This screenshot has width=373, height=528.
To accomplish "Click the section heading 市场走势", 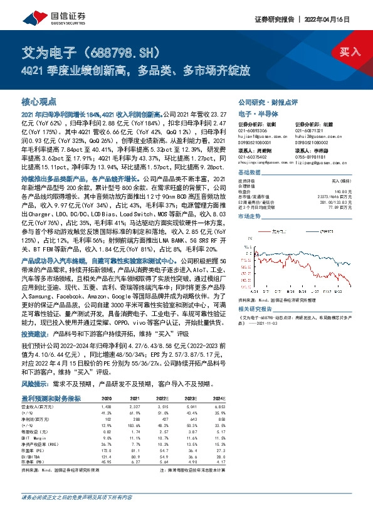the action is coord(250,215).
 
